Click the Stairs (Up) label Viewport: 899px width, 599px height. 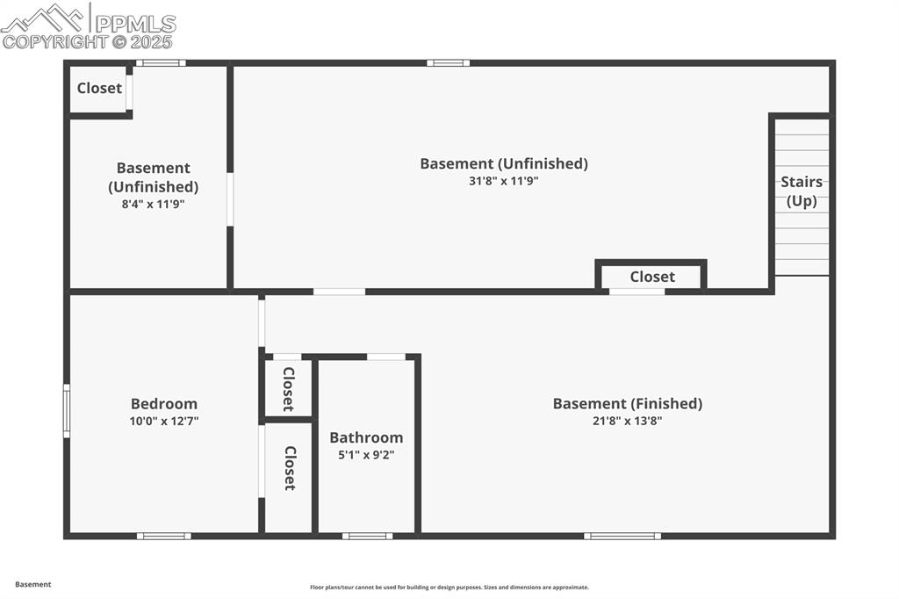(x=802, y=191)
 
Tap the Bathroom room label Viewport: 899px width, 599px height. (x=366, y=437)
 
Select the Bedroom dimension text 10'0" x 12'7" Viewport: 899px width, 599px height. (x=163, y=421)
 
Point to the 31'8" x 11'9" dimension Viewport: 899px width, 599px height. (x=503, y=181)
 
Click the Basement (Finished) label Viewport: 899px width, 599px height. (x=627, y=403)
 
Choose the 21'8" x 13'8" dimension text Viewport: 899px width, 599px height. (x=627, y=421)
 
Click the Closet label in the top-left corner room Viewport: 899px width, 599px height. (x=99, y=88)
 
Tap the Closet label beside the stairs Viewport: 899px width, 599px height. (x=651, y=277)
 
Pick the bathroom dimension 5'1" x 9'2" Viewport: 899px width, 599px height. (x=366, y=454)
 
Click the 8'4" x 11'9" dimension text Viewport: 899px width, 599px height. (x=153, y=204)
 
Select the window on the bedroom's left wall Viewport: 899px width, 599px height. (x=67, y=410)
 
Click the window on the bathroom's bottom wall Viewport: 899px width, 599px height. (x=367, y=536)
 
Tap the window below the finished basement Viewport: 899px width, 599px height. (x=622, y=536)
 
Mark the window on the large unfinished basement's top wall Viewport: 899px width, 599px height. (x=448, y=63)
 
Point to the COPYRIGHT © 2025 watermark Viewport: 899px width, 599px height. (x=88, y=41)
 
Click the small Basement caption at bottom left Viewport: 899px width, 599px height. (x=33, y=584)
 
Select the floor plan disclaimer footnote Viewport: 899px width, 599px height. (x=449, y=588)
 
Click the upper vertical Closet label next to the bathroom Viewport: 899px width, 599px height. (x=288, y=388)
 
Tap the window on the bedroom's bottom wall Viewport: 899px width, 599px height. (x=163, y=536)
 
